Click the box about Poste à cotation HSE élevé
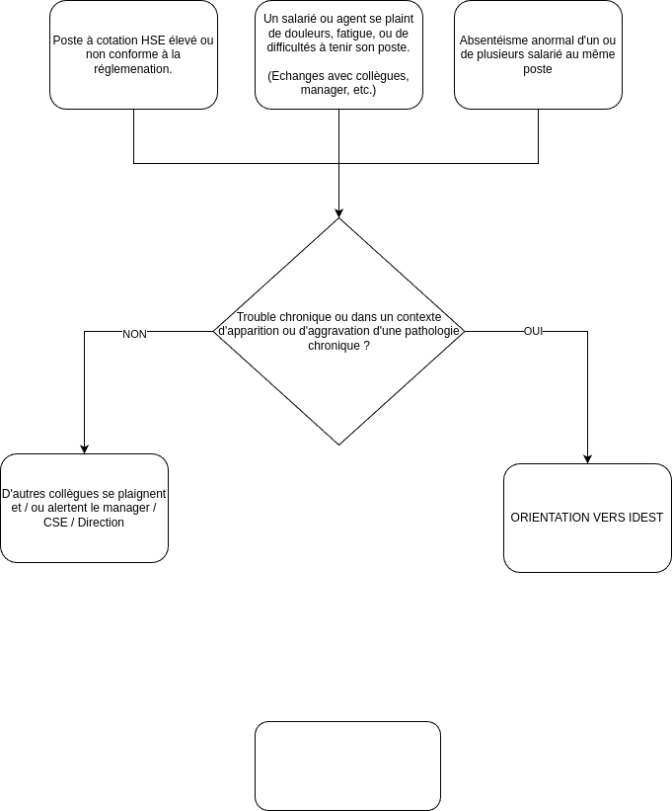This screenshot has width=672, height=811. pos(133,55)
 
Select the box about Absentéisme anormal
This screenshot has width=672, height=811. pos(538,55)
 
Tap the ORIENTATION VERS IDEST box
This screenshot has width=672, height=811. pos(587,518)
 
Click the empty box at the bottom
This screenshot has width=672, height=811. pos(347,766)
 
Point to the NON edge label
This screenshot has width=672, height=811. pos(134,334)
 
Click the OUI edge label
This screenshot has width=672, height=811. pos(533,331)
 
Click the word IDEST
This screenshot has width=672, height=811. pos(646,518)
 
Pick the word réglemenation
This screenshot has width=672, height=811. pos(133,69)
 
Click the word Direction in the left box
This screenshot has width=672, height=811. pos(101,523)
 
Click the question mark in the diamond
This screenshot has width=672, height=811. pos(366,345)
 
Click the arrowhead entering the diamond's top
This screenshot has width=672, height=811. pos(338,213)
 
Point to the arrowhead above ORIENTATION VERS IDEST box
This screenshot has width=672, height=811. pos(587,459)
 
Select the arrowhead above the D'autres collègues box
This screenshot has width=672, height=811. pos(84,448)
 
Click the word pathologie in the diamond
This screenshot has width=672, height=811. pos(432,331)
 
